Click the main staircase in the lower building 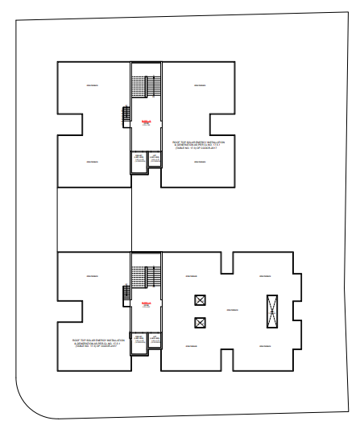[x=147, y=274]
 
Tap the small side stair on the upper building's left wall [x=126, y=115]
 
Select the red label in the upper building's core [x=147, y=122]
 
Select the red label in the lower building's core [x=147, y=303]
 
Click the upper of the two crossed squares [x=199, y=300]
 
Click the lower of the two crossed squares [x=199, y=324]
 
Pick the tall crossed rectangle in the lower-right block [x=272, y=310]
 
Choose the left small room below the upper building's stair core [x=139, y=162]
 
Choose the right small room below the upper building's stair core [x=154, y=162]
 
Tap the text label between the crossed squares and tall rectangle [x=233, y=311]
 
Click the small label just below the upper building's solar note [x=197, y=159]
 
